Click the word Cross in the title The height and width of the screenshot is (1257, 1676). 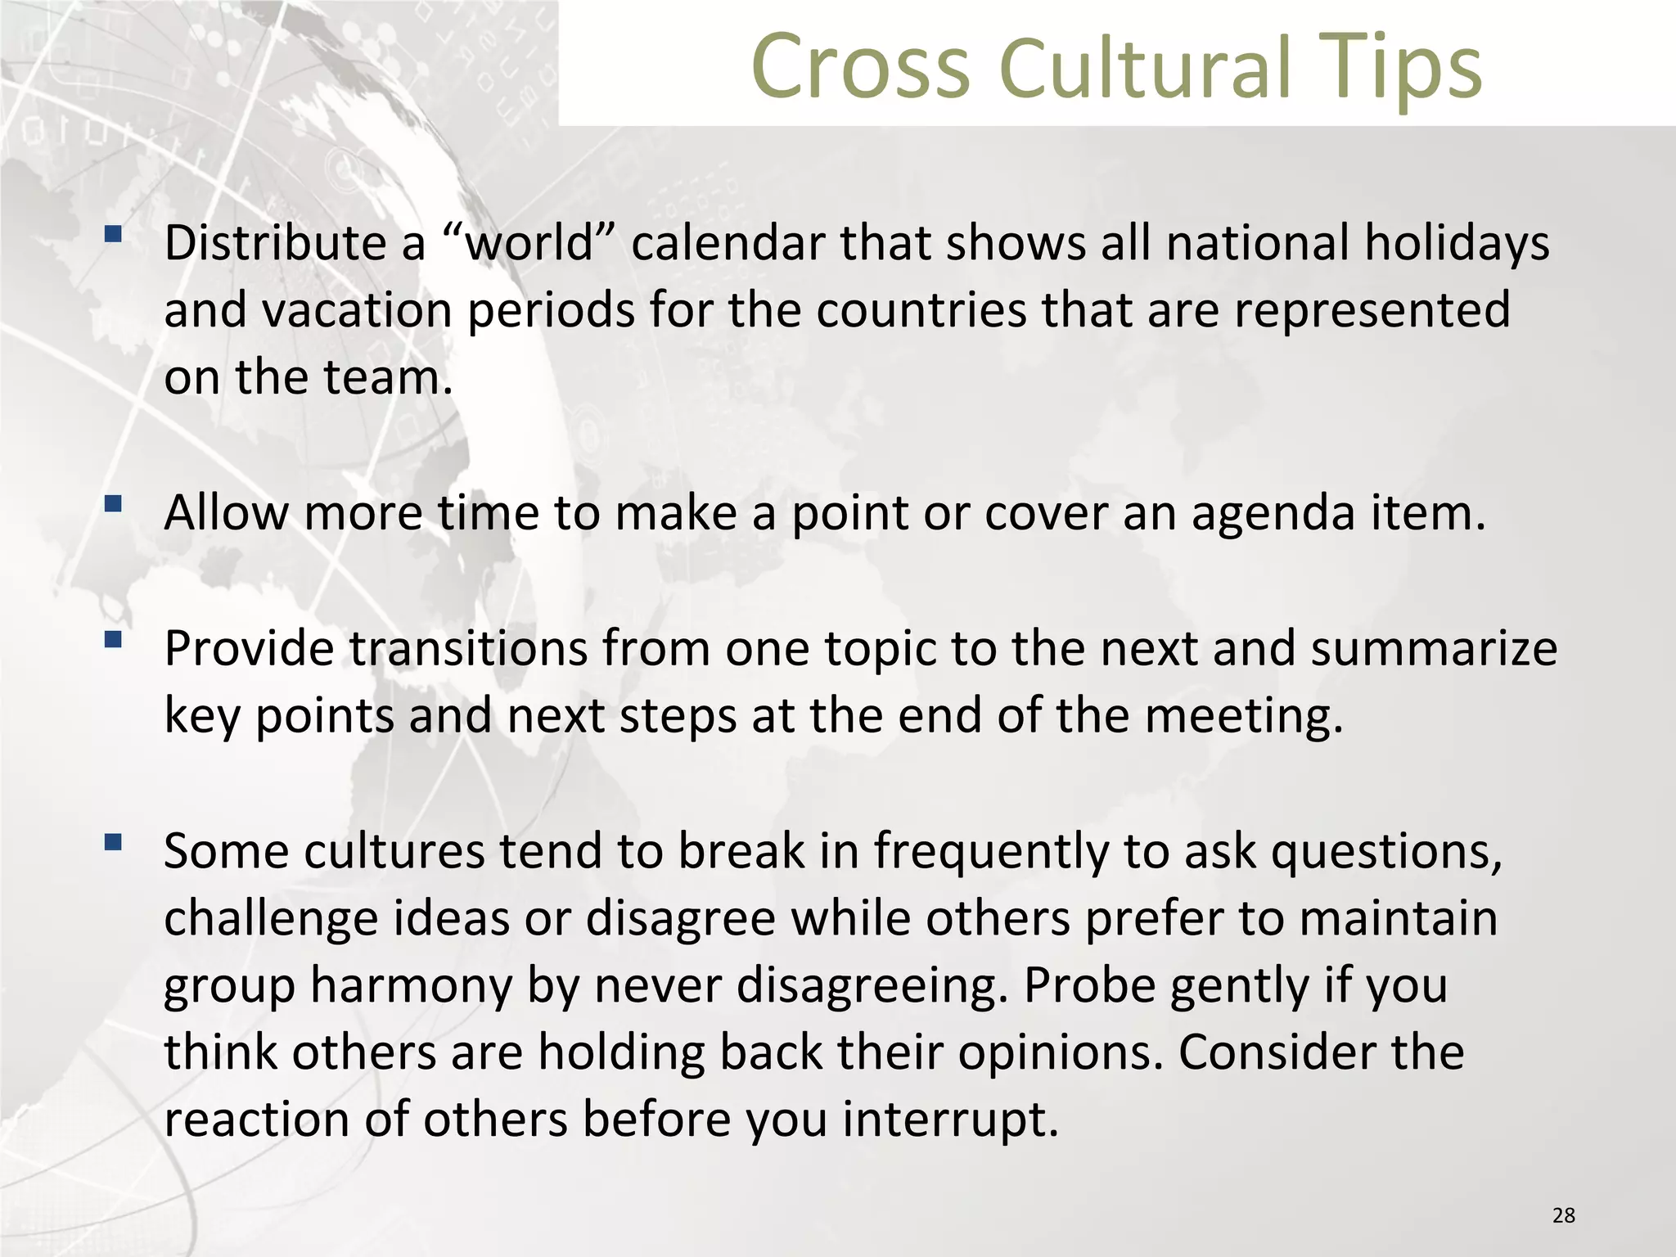[859, 67]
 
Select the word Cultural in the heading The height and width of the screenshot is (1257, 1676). [1146, 67]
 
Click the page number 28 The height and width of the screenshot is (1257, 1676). [1563, 1215]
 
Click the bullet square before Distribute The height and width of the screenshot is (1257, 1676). [113, 237]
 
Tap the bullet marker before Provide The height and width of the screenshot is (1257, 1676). [113, 638]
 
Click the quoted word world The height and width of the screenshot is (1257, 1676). [529, 243]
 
